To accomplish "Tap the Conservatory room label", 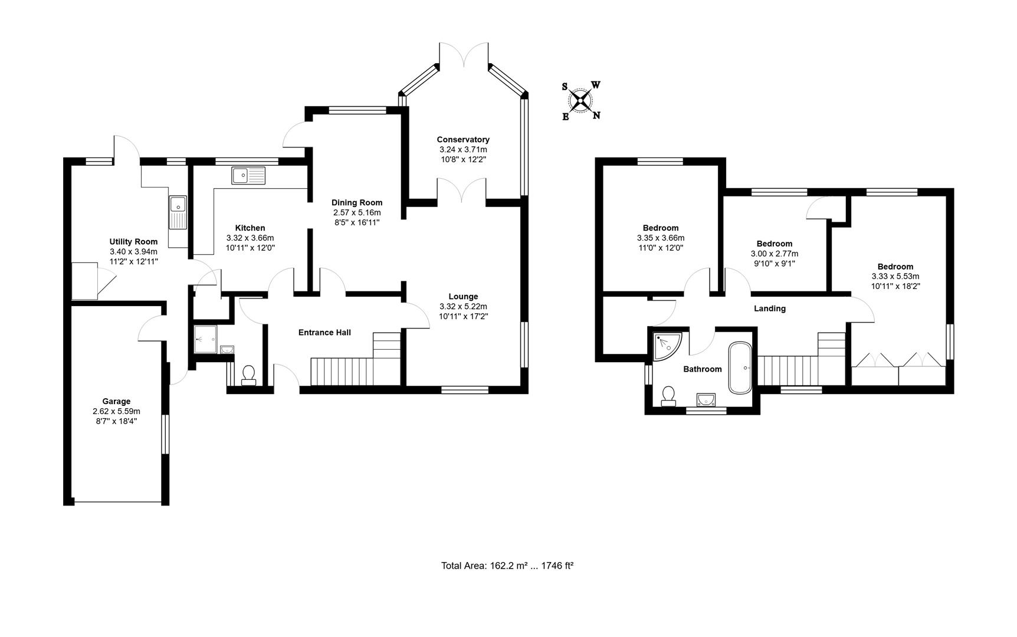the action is coord(463,140).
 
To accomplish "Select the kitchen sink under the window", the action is coord(248,175).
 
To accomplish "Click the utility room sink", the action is coord(178,212).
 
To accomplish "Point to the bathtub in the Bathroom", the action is coord(740,367).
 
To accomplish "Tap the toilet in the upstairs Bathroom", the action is coord(669,396).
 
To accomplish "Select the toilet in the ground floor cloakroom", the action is coord(249,375).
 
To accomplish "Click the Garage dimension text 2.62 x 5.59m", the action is coord(116,411).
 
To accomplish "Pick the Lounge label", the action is coord(463,297).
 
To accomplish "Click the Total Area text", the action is coord(507,566).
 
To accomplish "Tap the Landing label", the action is coord(769,308).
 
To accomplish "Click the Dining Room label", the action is coord(357,202).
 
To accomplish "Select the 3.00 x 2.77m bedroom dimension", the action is coord(774,254).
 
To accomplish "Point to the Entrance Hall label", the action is coord(324,333).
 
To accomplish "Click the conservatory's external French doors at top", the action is coord(464,54).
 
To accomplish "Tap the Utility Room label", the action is coord(133,242).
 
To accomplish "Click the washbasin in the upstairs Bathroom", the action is coord(706,400).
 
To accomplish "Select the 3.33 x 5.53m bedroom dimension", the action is coord(895,276).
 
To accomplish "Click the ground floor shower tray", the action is coord(205,340).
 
